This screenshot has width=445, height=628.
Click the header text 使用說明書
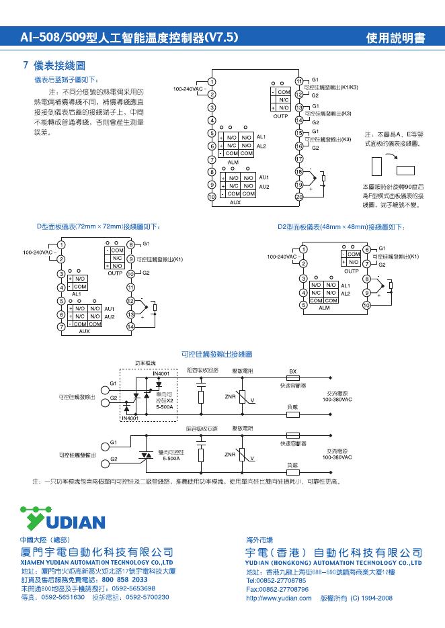click(x=395, y=38)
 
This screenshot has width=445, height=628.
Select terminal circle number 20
click(x=299, y=196)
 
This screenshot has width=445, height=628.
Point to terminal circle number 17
click(x=299, y=159)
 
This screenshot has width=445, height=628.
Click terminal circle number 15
click(x=299, y=134)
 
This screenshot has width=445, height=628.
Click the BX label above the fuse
click(x=292, y=371)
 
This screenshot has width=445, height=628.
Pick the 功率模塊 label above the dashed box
click(x=145, y=363)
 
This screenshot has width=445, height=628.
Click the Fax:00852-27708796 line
click(x=277, y=588)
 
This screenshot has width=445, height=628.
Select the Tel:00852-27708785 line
click(x=276, y=579)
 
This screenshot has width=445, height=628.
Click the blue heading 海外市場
click(x=259, y=539)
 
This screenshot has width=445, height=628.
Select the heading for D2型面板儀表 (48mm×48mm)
click(x=341, y=227)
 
